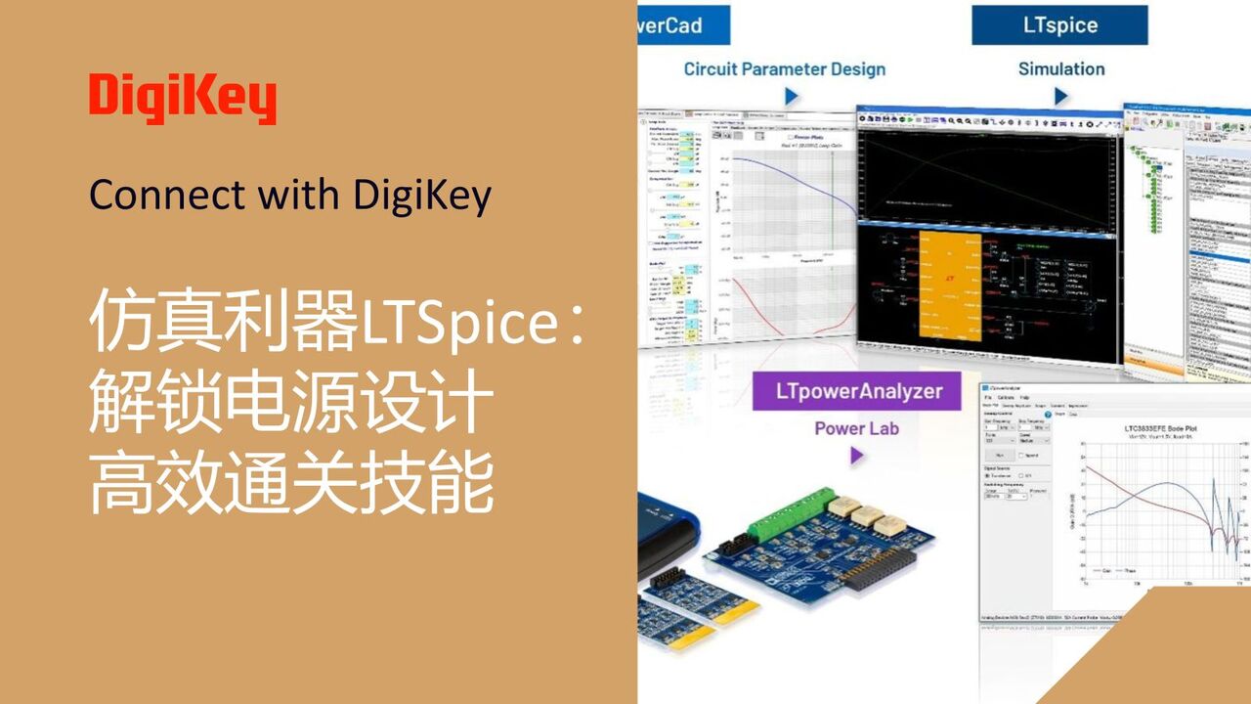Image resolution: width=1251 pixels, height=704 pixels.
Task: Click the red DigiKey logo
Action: tap(182, 99)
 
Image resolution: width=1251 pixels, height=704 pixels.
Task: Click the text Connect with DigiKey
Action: tap(289, 196)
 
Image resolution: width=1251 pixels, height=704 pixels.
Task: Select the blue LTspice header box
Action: tap(1060, 24)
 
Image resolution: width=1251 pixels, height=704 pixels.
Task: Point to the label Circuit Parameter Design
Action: tap(784, 69)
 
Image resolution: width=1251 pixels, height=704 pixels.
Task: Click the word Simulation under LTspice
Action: tap(1060, 69)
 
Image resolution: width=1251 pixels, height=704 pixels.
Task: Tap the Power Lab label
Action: tap(856, 428)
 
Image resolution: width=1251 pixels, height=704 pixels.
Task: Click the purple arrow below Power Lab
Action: tap(857, 456)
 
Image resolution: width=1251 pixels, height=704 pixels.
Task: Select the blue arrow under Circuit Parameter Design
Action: tap(792, 96)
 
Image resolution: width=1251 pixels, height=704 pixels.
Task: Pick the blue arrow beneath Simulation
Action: tap(1061, 96)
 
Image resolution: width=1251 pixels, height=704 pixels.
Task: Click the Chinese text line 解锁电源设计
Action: tap(289, 405)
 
